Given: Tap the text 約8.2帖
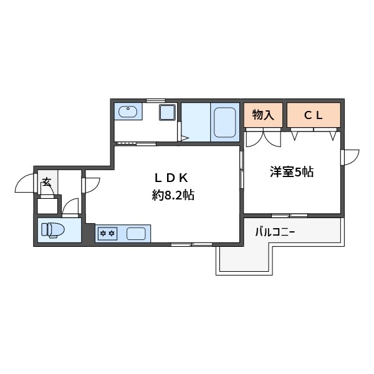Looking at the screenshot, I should [x=173, y=195].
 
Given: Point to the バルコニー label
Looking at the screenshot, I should [x=275, y=233].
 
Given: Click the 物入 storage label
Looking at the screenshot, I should [x=263, y=115].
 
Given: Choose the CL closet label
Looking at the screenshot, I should [x=313, y=115].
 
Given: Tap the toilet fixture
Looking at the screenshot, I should [x=52, y=229].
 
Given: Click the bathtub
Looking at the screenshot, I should [x=224, y=123].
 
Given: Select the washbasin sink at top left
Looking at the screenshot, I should [x=128, y=112].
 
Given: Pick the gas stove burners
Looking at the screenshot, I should [x=107, y=234].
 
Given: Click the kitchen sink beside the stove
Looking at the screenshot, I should [x=137, y=234].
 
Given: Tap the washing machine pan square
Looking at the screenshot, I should [x=167, y=113].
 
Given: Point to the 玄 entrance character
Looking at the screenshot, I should [x=47, y=183].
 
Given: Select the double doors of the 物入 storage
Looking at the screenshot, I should [x=263, y=137].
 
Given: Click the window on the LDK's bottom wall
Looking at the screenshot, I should [x=192, y=244].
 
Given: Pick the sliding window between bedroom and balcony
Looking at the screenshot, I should [x=289, y=215].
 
